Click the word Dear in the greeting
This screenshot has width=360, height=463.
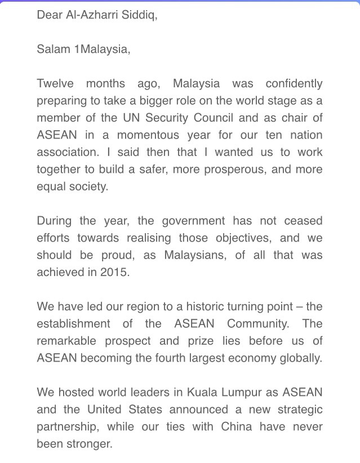point(48,15)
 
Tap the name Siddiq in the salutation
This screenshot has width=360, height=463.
point(140,15)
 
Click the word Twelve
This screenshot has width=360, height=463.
point(55,84)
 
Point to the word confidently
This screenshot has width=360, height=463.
point(294,84)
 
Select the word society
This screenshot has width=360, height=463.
point(90,187)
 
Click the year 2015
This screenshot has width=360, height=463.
point(118,273)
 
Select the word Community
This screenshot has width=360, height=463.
point(259,324)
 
